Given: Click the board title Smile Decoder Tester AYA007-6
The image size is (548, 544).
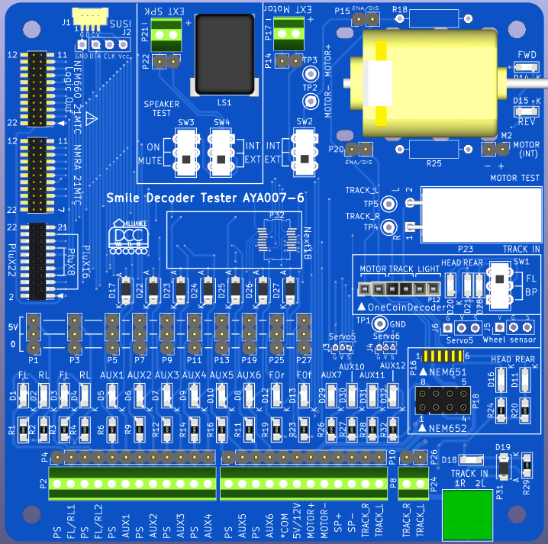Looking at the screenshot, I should tap(205, 198).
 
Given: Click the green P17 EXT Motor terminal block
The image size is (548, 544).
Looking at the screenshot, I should tap(289, 31).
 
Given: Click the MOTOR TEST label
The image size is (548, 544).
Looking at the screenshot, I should tap(515, 178).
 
